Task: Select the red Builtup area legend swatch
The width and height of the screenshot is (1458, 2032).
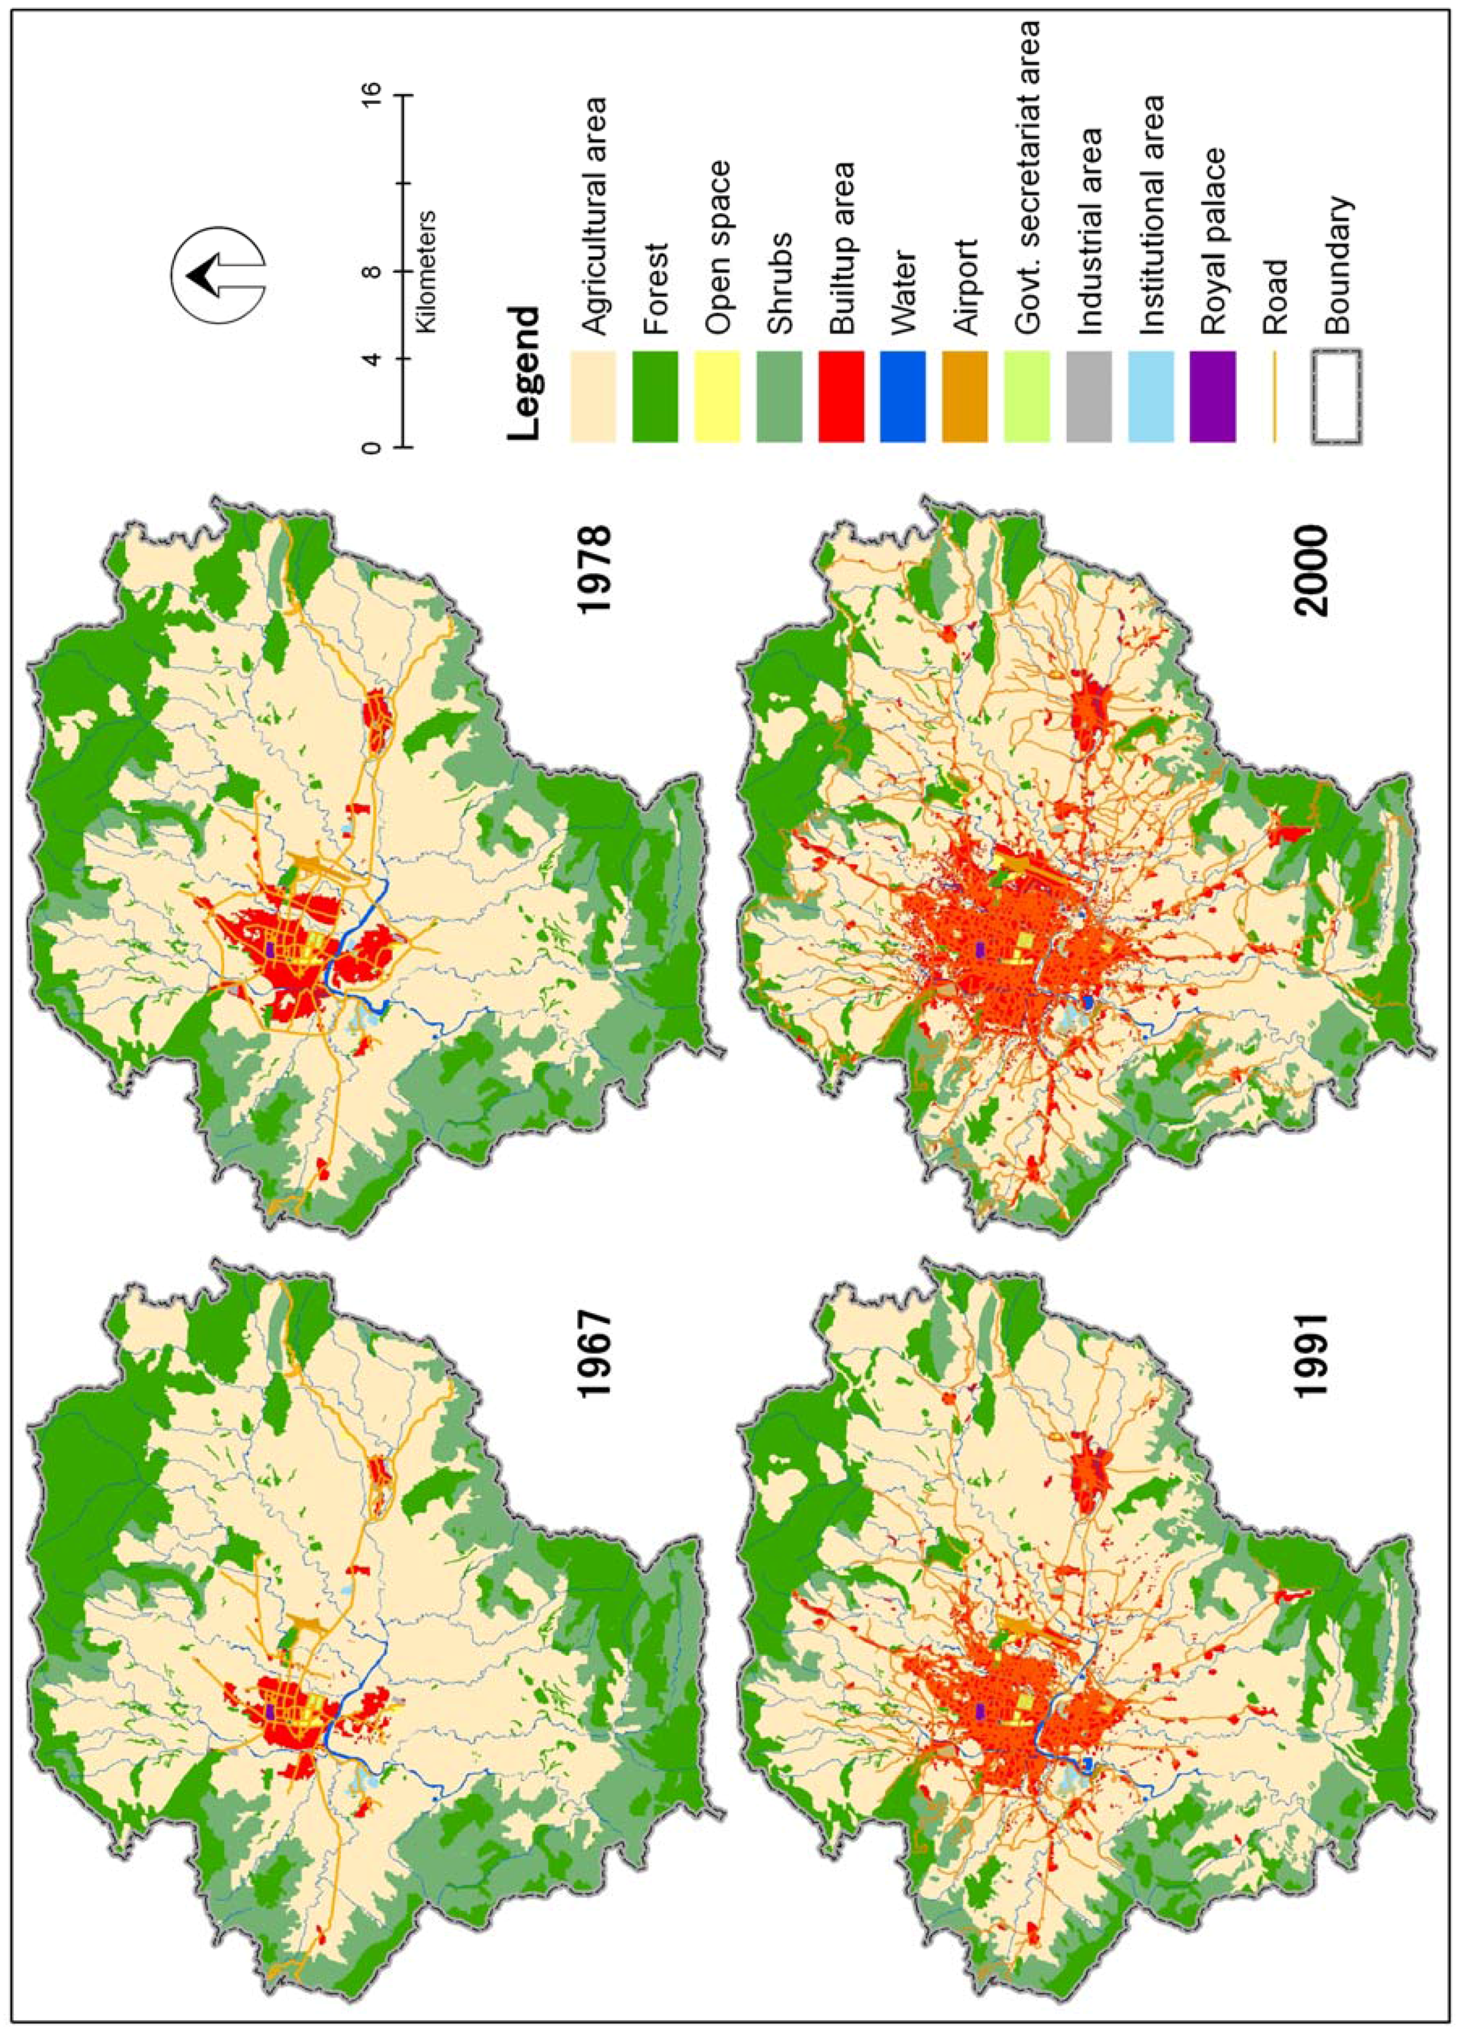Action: tap(841, 395)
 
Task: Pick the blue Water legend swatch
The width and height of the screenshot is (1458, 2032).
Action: tap(903, 395)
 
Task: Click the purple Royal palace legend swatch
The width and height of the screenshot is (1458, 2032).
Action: tap(1212, 395)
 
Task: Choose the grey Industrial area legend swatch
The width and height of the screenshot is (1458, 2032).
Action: tap(1089, 395)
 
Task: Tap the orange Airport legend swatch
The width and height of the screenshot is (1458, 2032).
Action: tap(964, 395)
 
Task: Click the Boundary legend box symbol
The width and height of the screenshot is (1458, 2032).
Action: tap(1337, 395)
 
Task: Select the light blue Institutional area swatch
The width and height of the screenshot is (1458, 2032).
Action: tap(1151, 395)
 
